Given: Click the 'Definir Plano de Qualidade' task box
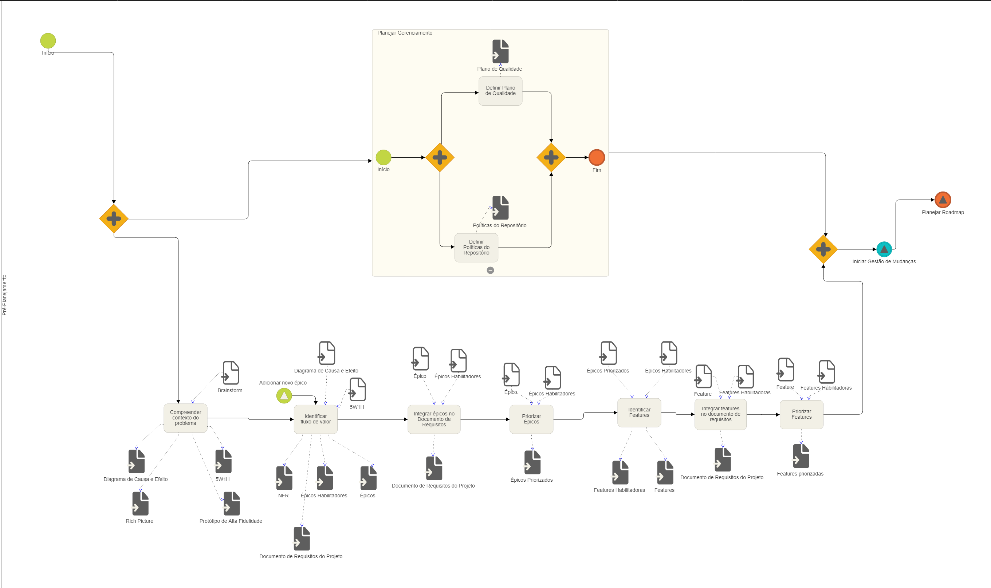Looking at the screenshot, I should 500,91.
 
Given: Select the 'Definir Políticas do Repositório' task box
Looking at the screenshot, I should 476,248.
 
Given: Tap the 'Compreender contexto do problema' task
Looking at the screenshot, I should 185,418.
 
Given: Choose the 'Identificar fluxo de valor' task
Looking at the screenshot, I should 315,419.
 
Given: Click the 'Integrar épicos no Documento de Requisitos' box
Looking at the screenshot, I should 434,419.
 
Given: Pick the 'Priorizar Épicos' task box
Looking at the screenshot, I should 531,419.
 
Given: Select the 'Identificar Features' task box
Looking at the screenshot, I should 639,413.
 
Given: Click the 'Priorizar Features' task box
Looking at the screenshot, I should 801,414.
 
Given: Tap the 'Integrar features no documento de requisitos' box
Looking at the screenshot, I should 720,414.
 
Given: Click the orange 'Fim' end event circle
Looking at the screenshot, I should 596,157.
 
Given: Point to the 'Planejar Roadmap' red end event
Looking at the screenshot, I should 943,200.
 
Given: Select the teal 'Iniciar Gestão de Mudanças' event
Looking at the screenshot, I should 884,249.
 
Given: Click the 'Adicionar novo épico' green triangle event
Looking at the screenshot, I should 284,395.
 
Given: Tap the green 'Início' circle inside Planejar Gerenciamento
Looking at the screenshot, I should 383,157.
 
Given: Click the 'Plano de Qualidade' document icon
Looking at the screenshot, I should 500,51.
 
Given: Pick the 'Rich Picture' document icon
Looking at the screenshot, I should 140,504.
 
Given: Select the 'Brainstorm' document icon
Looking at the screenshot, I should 230,373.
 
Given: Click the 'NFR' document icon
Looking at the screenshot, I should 284,478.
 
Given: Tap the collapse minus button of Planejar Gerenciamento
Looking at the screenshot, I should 490,270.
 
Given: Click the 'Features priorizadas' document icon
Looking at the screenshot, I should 801,456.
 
